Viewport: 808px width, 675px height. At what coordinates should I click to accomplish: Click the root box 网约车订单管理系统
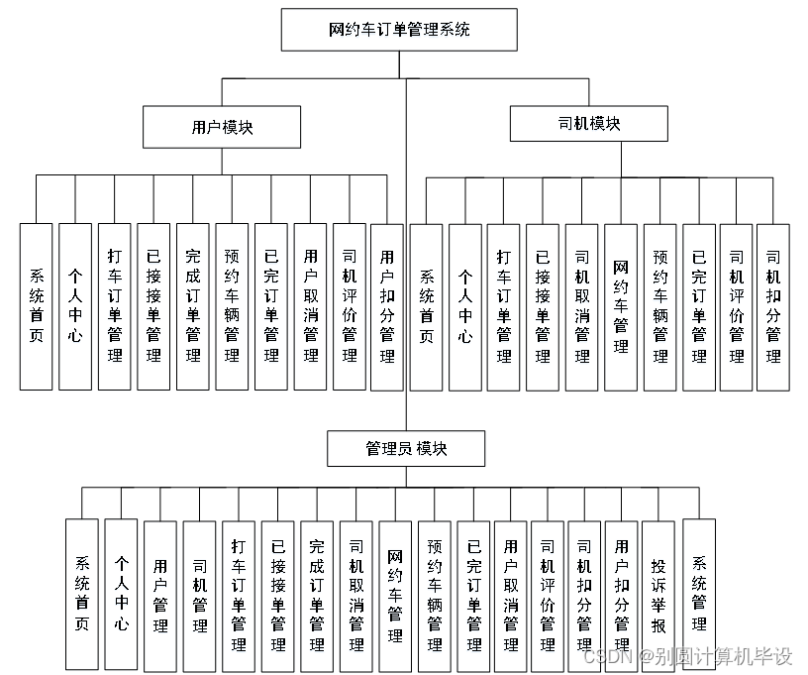tap(399, 30)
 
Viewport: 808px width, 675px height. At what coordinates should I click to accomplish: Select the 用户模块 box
tap(221, 127)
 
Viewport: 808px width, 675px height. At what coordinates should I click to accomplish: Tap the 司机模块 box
tap(589, 124)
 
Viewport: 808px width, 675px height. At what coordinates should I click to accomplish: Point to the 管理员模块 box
tap(407, 449)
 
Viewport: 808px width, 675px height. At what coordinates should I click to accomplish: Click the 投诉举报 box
tap(659, 593)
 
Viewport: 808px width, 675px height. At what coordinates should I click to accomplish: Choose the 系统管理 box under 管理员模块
tap(699, 593)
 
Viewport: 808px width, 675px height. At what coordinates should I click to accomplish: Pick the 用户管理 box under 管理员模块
tap(160, 593)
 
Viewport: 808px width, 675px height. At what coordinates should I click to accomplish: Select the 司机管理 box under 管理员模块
tap(200, 593)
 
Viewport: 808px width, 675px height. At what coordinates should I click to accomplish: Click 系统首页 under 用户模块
tap(36, 306)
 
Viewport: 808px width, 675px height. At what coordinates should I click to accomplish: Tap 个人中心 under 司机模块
tap(464, 306)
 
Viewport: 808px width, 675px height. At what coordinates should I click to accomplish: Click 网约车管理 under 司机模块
tap(621, 306)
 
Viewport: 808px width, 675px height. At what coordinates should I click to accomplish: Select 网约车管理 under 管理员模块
tap(395, 593)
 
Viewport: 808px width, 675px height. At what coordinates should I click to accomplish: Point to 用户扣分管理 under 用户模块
tap(387, 306)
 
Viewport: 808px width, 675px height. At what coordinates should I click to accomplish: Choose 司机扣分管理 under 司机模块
tap(773, 306)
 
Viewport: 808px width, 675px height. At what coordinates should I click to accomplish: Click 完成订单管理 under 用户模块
tap(192, 306)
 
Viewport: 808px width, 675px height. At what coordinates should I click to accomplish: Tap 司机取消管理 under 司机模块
tap(581, 306)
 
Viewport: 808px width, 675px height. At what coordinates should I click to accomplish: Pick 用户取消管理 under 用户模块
tap(310, 306)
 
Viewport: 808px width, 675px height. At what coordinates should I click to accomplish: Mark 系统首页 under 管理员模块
tap(82, 593)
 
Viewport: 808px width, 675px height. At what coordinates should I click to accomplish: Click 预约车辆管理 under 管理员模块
tap(435, 593)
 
